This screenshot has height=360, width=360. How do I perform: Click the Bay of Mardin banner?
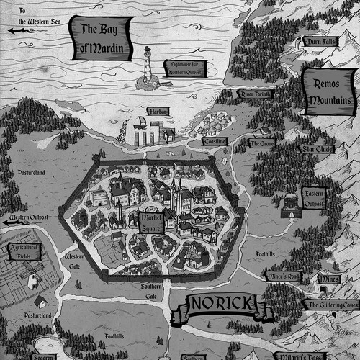pyautogui.click(x=104, y=40)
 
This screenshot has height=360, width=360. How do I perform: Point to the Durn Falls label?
pyautogui.click(x=319, y=41)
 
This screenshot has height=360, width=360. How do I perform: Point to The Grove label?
pyautogui.click(x=260, y=143)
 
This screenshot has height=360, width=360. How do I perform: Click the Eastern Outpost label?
pyautogui.click(x=315, y=197)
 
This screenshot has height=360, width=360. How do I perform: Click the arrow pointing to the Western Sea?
pyautogui.click(x=12, y=31)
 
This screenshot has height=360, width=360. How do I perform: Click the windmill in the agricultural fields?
pyautogui.click(x=31, y=276)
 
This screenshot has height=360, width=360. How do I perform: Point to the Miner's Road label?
pyautogui.click(x=284, y=276)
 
